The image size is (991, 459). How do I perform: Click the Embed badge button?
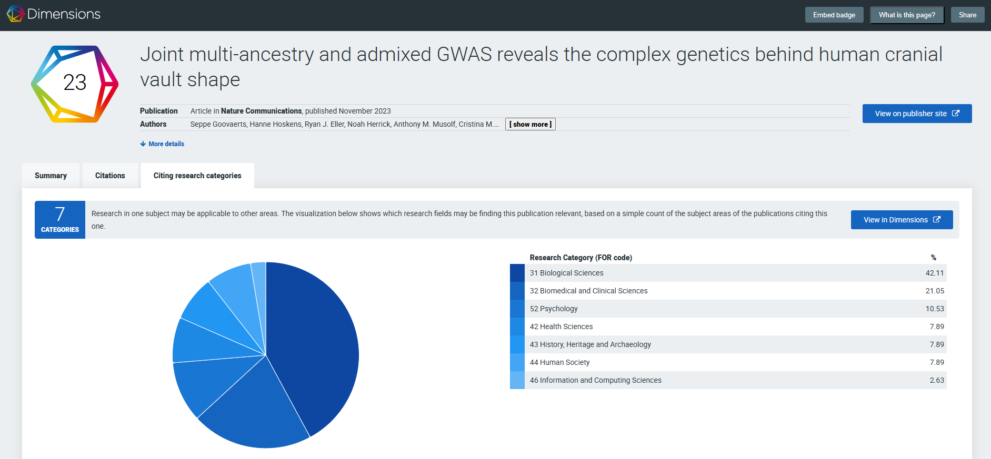(834, 15)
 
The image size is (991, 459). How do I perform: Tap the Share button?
(967, 15)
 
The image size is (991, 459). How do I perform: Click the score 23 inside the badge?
(75, 83)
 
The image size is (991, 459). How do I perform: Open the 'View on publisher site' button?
(917, 114)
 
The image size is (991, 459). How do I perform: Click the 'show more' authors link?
(530, 125)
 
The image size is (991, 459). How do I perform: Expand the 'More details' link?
(163, 144)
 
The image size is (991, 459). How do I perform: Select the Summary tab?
(51, 176)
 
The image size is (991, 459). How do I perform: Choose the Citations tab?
(110, 176)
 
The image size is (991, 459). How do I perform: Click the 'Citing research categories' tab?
(197, 176)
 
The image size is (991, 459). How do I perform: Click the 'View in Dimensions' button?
(902, 220)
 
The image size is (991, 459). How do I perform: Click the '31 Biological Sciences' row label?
(566, 273)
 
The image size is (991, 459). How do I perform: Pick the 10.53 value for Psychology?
(935, 309)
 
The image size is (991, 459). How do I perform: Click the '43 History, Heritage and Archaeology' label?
(590, 344)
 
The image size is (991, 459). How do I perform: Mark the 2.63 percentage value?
(936, 380)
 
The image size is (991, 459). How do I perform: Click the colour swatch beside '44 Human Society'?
(517, 362)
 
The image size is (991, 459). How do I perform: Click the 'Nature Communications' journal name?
(261, 111)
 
